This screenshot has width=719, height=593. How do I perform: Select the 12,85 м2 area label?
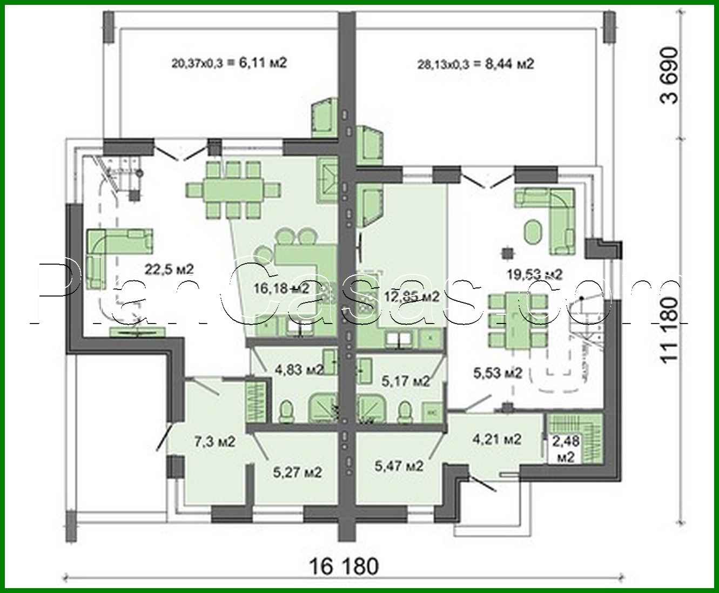coord(411,296)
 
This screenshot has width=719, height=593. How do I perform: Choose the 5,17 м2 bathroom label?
coord(406,381)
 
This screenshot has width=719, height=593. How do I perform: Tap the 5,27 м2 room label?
coord(298,472)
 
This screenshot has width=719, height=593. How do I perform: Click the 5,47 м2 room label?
coord(399,464)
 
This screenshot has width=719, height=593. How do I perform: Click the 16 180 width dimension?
coord(344,567)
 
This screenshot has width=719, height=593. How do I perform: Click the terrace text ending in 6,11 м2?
coord(229,63)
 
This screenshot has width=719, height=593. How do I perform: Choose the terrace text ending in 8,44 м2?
coord(475,64)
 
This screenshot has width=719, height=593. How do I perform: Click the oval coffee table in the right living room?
coord(533,230)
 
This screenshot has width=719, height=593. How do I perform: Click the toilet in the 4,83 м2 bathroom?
coord(286,412)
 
